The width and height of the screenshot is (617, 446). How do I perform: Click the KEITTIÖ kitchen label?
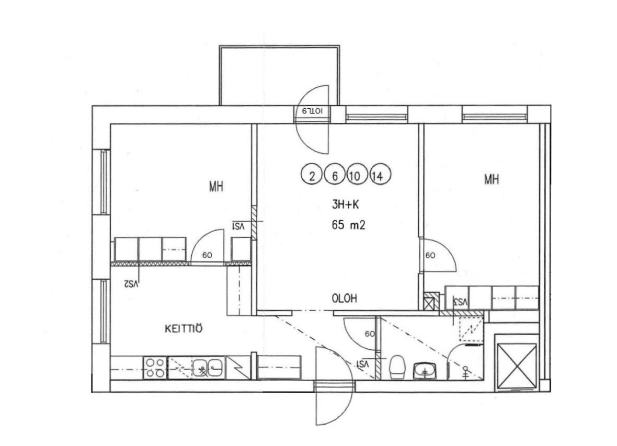[x=184, y=328]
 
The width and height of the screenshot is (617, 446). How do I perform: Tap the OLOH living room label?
[x=345, y=299]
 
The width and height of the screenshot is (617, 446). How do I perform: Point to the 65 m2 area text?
[x=349, y=225]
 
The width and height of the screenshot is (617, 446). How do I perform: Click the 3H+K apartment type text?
[x=346, y=204]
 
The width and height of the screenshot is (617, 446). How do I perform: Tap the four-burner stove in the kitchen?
[x=155, y=368]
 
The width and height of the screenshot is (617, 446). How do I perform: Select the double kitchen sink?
[x=208, y=368]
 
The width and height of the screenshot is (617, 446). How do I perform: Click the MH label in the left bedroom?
[x=216, y=186]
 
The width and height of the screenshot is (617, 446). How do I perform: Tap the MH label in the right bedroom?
[x=492, y=179]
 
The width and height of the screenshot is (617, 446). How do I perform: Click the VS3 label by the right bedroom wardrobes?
[x=460, y=302]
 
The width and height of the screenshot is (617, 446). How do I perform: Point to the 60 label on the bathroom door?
[x=370, y=334]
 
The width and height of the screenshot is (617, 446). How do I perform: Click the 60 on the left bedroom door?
[x=207, y=255]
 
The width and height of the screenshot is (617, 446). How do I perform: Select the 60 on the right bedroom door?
[x=430, y=256]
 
